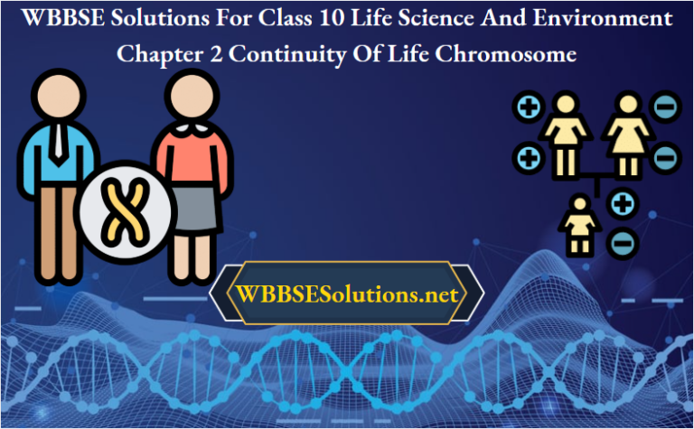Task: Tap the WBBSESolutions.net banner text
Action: pos(347,294)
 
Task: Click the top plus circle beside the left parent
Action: pos(527,109)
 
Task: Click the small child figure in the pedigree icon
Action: pos(577,224)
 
